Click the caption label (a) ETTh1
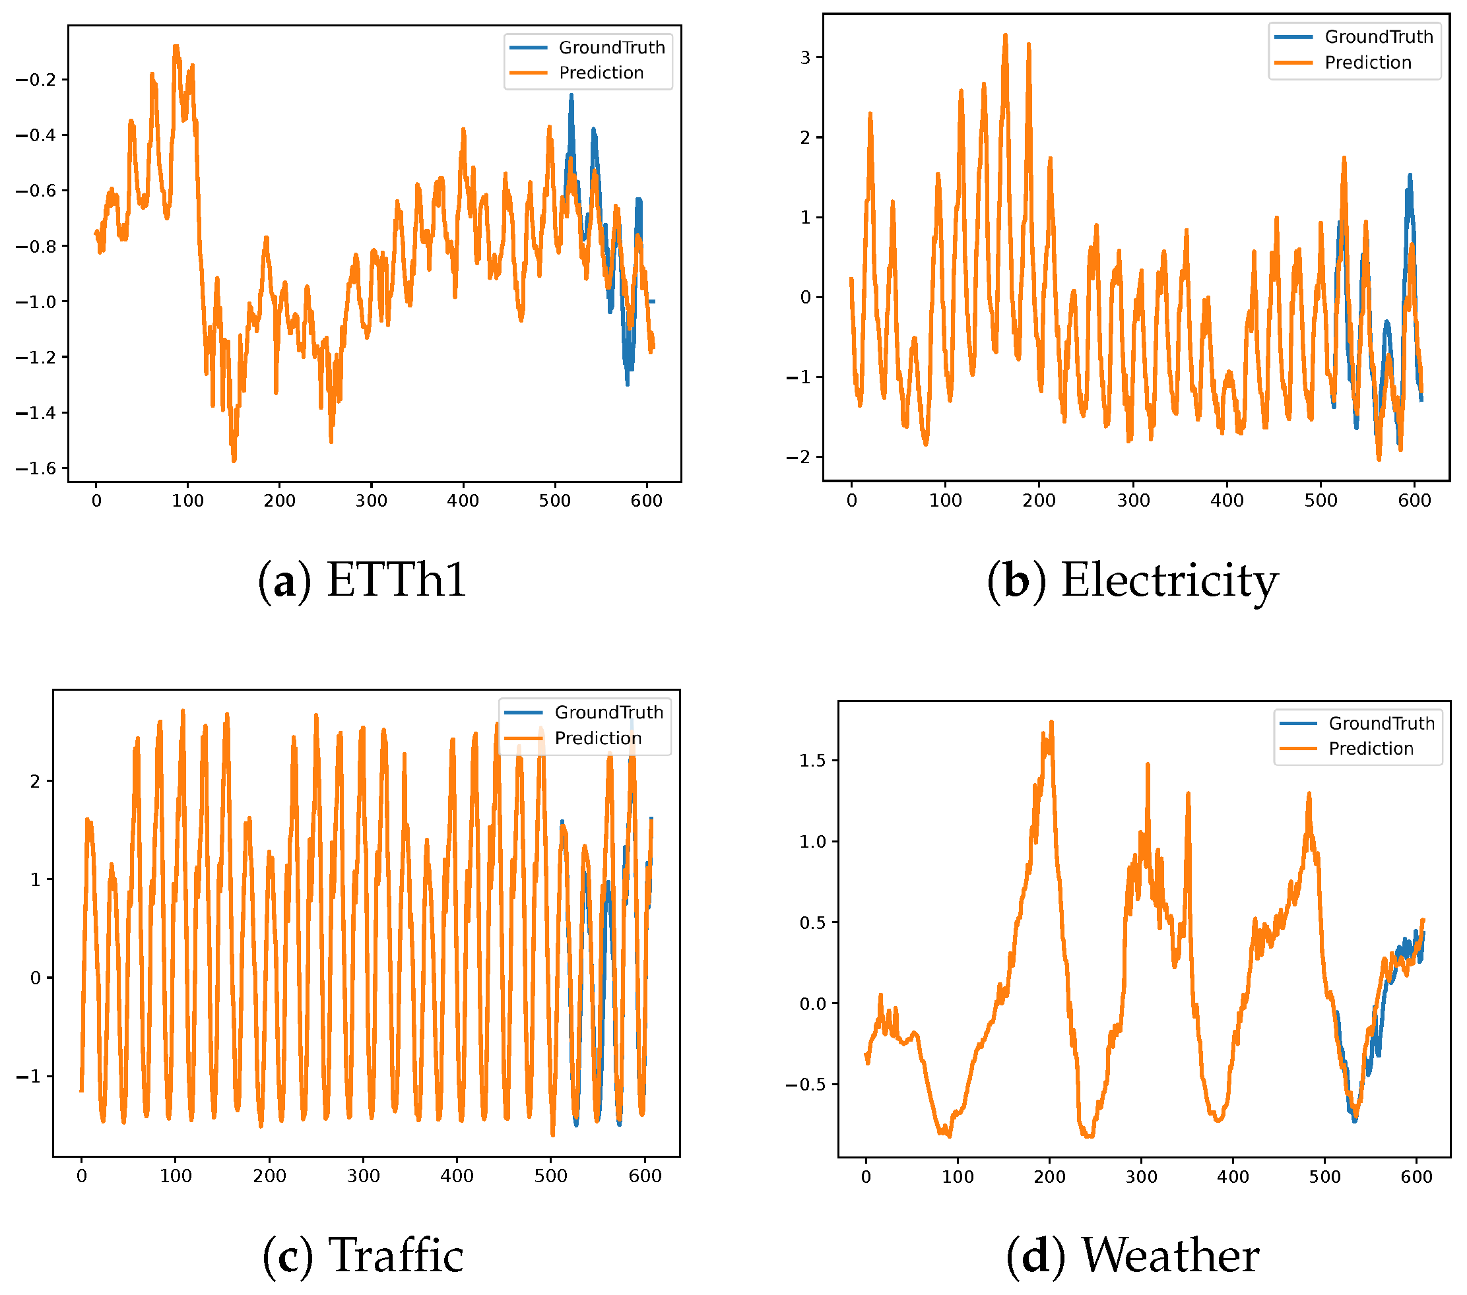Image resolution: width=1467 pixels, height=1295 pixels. click(362, 580)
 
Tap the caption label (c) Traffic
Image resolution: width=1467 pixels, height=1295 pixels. click(362, 1255)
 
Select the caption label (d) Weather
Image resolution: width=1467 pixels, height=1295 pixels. click(1132, 1255)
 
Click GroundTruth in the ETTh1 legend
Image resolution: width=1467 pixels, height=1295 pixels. click(612, 47)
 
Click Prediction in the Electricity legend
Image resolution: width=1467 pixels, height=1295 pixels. click(1367, 63)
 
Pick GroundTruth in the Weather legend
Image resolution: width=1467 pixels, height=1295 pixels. click(1381, 723)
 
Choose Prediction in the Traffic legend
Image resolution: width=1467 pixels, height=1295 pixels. click(597, 738)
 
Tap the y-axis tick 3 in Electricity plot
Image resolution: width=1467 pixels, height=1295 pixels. click(805, 57)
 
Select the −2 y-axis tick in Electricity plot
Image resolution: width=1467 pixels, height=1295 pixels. click(799, 457)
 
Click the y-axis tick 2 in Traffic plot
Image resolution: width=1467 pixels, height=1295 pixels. click(35, 781)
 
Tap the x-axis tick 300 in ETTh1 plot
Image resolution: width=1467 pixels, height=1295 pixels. click(371, 501)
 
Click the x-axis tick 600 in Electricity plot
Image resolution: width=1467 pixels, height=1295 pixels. click(1414, 501)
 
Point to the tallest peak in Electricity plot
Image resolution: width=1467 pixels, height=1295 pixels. click(1005, 34)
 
